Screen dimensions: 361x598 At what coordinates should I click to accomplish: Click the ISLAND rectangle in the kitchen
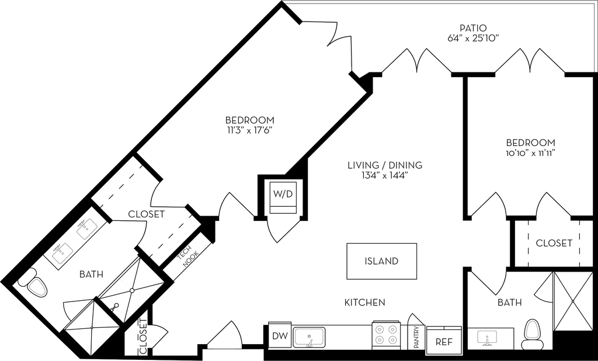click(x=382, y=261)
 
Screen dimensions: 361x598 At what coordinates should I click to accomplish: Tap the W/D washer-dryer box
click(x=282, y=196)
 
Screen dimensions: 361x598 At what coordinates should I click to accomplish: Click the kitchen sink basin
click(x=309, y=336)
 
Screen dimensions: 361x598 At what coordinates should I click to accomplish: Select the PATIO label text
click(x=472, y=27)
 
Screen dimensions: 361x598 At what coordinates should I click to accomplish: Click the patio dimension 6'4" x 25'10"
click(x=472, y=38)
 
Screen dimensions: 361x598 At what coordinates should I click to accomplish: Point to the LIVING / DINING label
click(x=384, y=165)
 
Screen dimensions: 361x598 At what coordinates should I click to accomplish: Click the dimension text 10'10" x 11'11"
click(x=530, y=153)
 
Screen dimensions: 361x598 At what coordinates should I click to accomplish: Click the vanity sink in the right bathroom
click(x=487, y=337)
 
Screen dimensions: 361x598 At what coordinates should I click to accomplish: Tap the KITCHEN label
click(x=364, y=302)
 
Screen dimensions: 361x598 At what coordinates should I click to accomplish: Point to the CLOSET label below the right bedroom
click(x=554, y=243)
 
